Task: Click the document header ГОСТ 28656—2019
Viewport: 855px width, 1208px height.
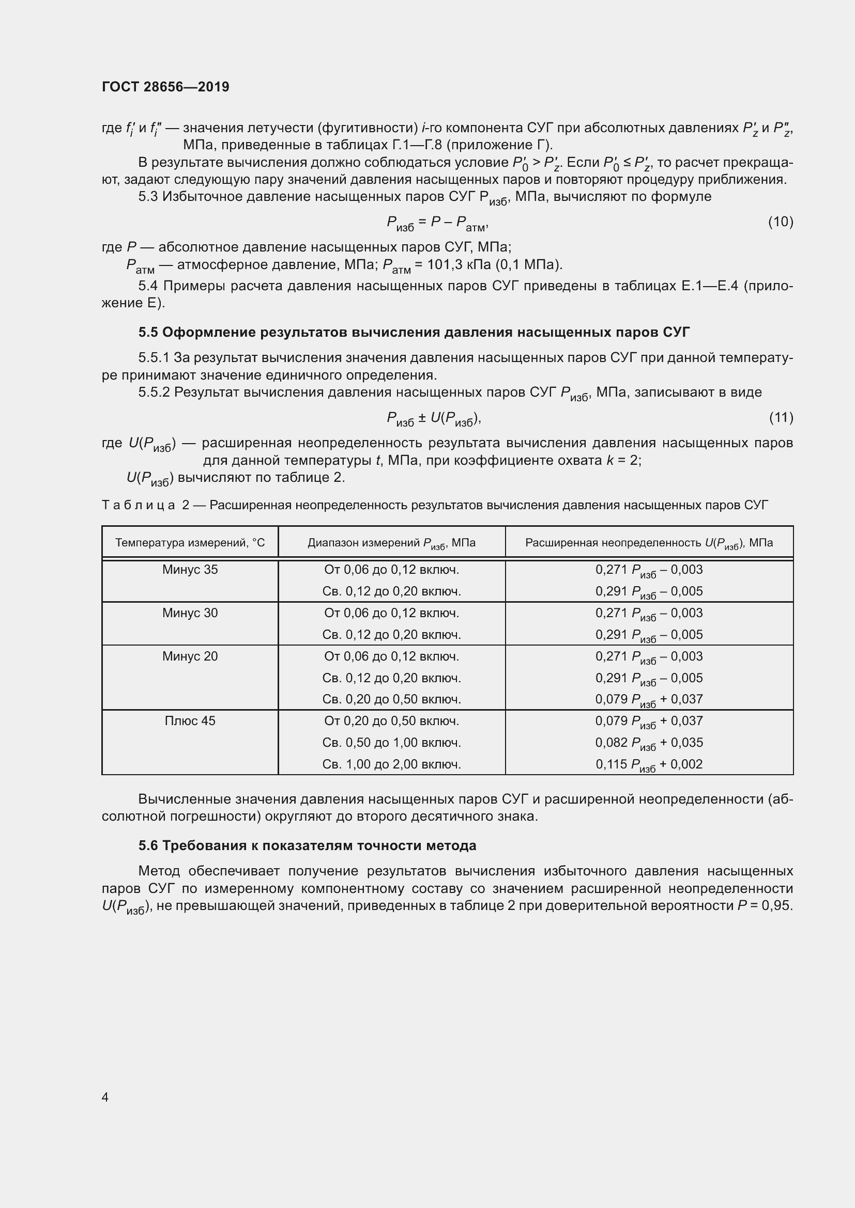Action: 165,87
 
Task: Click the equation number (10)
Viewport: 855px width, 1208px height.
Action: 780,222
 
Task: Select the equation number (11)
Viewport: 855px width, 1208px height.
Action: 781,417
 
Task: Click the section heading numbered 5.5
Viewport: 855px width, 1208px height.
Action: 414,332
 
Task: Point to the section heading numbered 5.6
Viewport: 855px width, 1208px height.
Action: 307,845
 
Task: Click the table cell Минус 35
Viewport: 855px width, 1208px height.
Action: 190,570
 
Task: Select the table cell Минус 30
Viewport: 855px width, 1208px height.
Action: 190,613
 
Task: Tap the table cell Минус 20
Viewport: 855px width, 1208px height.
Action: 190,656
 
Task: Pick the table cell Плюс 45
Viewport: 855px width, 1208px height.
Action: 190,721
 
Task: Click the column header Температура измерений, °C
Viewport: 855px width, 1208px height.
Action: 190,542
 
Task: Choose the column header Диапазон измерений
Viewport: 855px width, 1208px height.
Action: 391,542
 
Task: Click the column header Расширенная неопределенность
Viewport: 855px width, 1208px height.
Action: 649,542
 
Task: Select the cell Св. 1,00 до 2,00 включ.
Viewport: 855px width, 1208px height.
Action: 391,764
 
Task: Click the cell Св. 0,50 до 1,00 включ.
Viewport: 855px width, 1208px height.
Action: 391,742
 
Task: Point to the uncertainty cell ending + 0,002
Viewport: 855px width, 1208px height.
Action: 649,764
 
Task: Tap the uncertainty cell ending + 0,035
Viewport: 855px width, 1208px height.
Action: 649,742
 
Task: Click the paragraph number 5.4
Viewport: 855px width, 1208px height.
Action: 148,286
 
